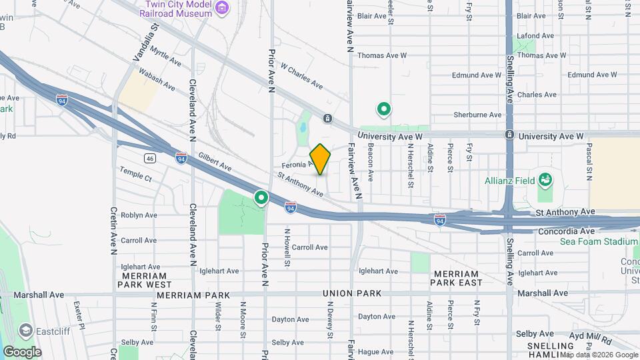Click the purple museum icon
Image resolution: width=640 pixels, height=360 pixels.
(x=223, y=9)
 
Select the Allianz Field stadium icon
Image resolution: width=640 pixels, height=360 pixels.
(x=546, y=179)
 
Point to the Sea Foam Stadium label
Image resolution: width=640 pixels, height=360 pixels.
(x=598, y=241)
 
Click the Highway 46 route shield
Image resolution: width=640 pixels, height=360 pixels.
(x=149, y=158)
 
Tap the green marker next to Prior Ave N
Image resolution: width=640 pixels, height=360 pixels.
(x=261, y=198)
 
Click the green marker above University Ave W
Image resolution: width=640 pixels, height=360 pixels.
(x=383, y=108)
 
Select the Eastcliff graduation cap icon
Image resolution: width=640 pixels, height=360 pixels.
(x=25, y=330)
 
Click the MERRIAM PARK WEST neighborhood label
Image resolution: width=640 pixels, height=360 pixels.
(x=145, y=279)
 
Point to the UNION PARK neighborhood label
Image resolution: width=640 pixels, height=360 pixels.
(x=351, y=293)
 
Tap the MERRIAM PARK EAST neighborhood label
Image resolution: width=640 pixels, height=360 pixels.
(x=456, y=278)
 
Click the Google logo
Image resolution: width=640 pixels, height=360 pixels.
(x=21, y=351)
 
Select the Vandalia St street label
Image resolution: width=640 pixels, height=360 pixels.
(x=147, y=43)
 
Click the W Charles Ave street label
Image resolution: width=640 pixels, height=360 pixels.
(x=301, y=76)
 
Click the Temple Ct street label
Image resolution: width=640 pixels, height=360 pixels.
(x=136, y=175)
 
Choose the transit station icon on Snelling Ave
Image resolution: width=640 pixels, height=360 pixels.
(x=509, y=135)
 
